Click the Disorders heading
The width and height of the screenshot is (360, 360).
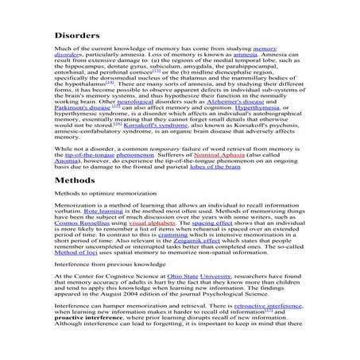[x=77, y=36]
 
